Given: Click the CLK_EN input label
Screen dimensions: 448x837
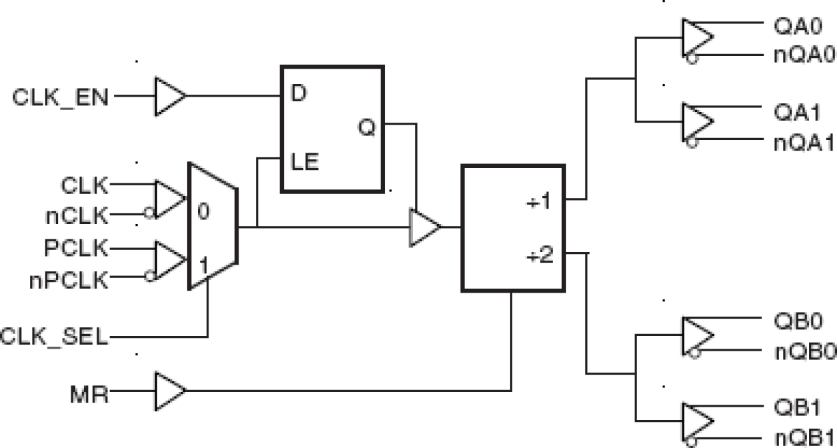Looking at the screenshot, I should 62,97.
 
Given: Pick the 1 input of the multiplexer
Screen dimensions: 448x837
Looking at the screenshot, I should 203,263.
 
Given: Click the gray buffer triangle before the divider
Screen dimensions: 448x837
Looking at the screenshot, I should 424,227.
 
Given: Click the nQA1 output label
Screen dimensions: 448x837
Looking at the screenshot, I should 804,143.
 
